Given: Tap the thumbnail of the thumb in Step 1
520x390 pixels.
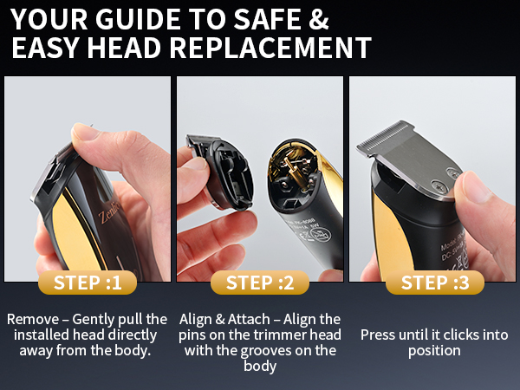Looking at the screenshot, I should [x=85, y=133].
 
